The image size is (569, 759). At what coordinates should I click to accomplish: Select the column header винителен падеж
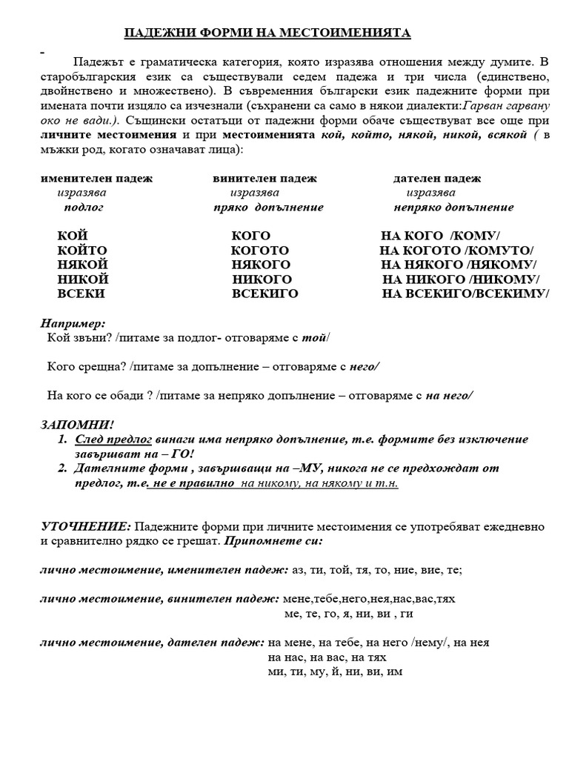(x=264, y=179)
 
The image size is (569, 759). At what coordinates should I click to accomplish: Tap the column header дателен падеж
(x=436, y=179)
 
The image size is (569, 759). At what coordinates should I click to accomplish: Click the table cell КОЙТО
(x=82, y=250)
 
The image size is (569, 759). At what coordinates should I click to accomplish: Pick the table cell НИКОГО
(x=262, y=279)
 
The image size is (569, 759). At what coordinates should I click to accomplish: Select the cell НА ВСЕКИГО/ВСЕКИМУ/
(x=465, y=294)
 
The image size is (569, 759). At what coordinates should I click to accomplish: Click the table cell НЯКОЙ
(x=83, y=265)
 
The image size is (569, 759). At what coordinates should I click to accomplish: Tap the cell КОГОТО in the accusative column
(x=260, y=250)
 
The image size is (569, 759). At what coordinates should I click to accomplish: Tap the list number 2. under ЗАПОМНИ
(x=62, y=468)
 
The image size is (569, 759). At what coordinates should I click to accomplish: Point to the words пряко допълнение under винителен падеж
(x=267, y=208)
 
